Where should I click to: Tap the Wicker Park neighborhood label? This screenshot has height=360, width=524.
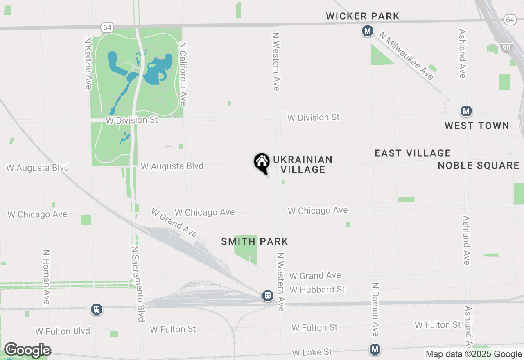[362, 16]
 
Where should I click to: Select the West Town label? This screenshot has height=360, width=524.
[477, 126]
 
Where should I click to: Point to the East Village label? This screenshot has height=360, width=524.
[413, 153]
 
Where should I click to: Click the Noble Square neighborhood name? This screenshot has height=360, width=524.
[478, 165]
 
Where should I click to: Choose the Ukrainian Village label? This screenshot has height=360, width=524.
[303, 164]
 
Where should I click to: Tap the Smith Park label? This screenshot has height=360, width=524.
[255, 241]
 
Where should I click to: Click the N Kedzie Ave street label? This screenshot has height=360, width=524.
[88, 63]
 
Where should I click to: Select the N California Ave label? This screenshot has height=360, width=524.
[183, 74]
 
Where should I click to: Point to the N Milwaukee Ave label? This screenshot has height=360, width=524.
[406, 56]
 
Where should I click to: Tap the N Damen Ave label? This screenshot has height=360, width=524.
[375, 309]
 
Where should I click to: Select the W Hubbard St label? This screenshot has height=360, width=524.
[317, 290]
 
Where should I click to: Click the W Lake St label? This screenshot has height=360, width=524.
[312, 352]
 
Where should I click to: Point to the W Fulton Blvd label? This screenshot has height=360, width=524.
[63, 331]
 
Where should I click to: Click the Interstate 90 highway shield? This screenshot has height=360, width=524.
[506, 48]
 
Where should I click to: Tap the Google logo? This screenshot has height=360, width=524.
[27, 350]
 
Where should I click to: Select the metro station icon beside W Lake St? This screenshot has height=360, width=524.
[375, 349]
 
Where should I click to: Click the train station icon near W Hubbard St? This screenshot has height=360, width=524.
[268, 295]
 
